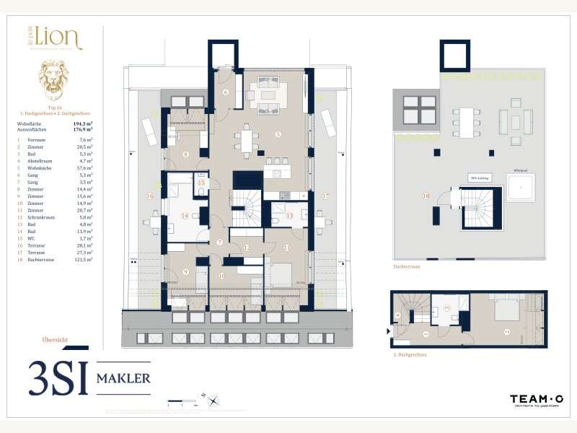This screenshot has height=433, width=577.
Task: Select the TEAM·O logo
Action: pos(537,399)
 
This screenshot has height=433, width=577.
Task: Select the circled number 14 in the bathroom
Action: pos(185,215)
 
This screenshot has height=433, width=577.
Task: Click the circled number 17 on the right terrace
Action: pos(325,196)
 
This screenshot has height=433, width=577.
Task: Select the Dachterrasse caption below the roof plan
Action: pos(408,266)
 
